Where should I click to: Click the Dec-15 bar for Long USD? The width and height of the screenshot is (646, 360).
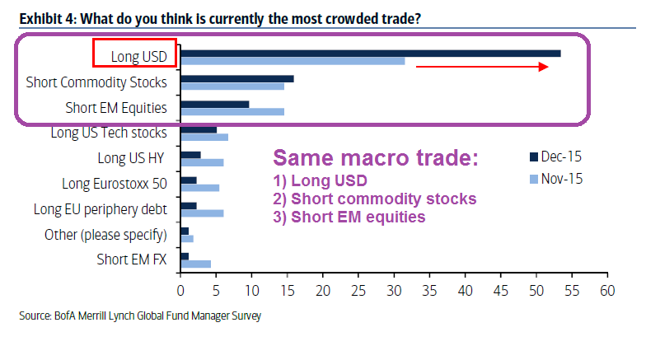click(x=370, y=54)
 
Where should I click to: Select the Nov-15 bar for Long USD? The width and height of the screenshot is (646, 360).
click(x=293, y=60)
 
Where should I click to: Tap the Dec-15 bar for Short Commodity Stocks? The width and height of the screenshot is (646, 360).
click(x=236, y=79)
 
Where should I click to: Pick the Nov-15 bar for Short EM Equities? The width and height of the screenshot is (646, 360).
click(x=232, y=111)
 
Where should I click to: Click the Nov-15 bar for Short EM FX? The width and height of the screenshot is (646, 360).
click(x=195, y=264)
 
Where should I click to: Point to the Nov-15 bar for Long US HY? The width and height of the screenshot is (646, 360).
click(x=202, y=162)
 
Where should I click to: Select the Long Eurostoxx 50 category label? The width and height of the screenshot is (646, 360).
click(x=115, y=183)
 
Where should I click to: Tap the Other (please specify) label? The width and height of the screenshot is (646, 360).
click(x=105, y=235)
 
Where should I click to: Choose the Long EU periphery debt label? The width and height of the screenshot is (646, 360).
click(x=100, y=209)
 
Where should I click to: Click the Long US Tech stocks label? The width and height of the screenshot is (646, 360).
click(x=109, y=132)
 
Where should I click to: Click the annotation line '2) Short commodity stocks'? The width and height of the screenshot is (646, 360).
click(x=374, y=199)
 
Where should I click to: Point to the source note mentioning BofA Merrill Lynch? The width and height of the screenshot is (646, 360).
click(x=140, y=316)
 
